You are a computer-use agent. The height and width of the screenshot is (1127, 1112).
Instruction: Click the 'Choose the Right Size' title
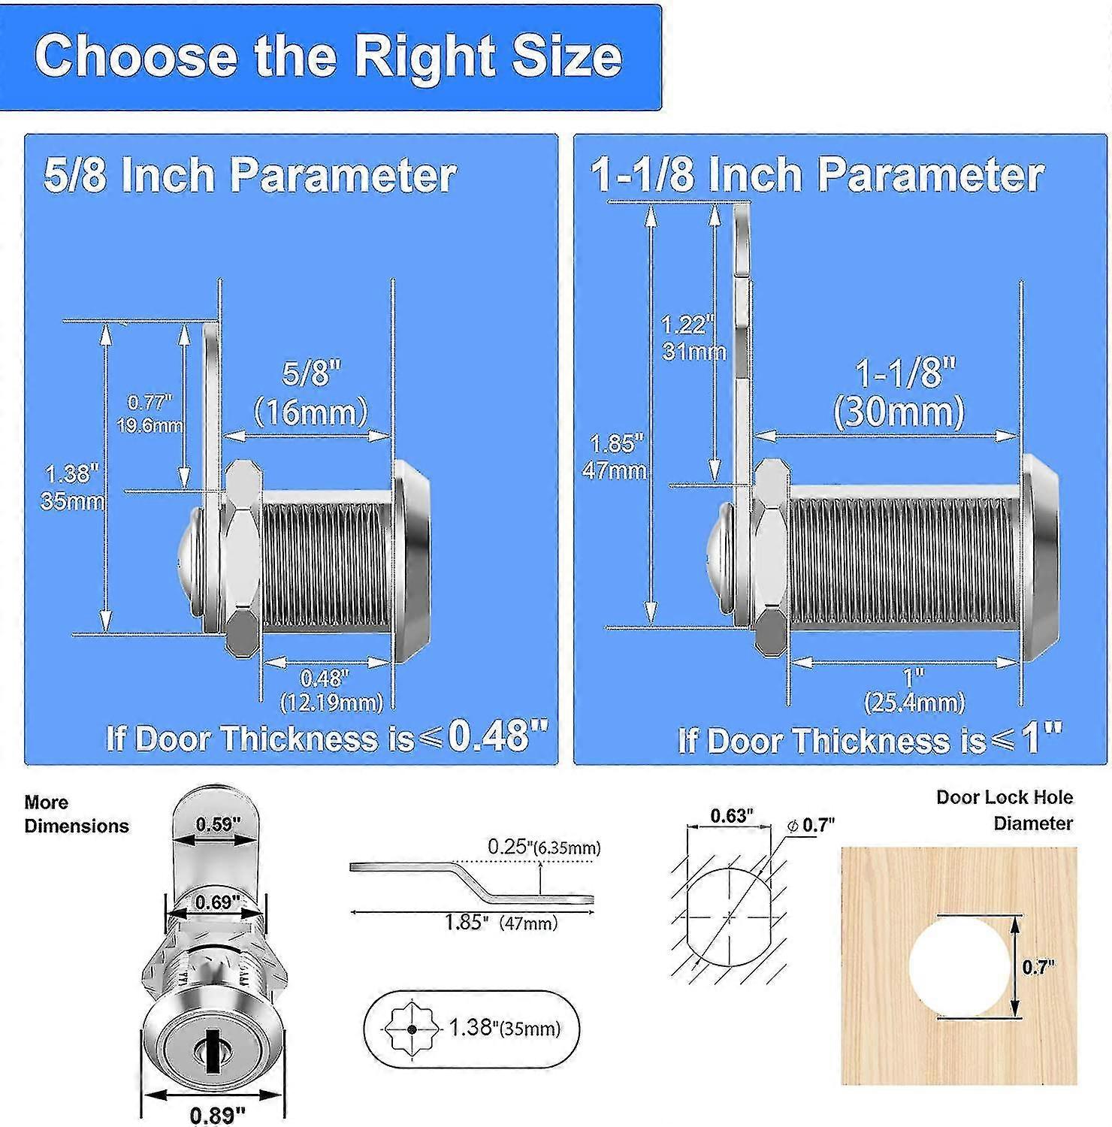point(328,56)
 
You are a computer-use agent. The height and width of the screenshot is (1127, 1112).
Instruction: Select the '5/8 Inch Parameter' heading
point(249,175)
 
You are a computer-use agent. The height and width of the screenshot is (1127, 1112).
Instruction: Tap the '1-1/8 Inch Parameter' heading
point(817,174)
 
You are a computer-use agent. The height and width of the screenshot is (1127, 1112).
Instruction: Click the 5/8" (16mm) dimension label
point(311,393)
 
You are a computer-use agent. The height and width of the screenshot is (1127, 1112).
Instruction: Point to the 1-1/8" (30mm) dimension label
point(899,393)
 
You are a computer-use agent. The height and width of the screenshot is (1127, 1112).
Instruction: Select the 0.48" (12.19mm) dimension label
point(331,690)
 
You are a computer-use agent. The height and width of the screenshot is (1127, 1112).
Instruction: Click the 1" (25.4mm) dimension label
point(914,690)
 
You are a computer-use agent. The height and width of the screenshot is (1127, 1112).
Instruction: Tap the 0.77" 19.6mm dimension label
point(150,413)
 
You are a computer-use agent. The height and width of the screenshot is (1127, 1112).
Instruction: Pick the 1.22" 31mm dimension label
point(693,338)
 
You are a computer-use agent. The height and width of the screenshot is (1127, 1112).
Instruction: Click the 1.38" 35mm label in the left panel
point(71,487)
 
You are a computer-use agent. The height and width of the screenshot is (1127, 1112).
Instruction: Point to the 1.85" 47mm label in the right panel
point(615,456)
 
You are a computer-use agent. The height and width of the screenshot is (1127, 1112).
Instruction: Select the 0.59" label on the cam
point(218,824)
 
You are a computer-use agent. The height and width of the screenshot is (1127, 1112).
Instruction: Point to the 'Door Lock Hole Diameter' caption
point(1005,810)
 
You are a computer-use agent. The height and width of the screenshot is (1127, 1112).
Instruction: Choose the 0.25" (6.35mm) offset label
point(544,847)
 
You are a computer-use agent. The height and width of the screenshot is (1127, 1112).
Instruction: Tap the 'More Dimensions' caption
point(77,814)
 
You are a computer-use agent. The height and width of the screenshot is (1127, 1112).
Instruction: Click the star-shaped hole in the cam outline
point(410,1029)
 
